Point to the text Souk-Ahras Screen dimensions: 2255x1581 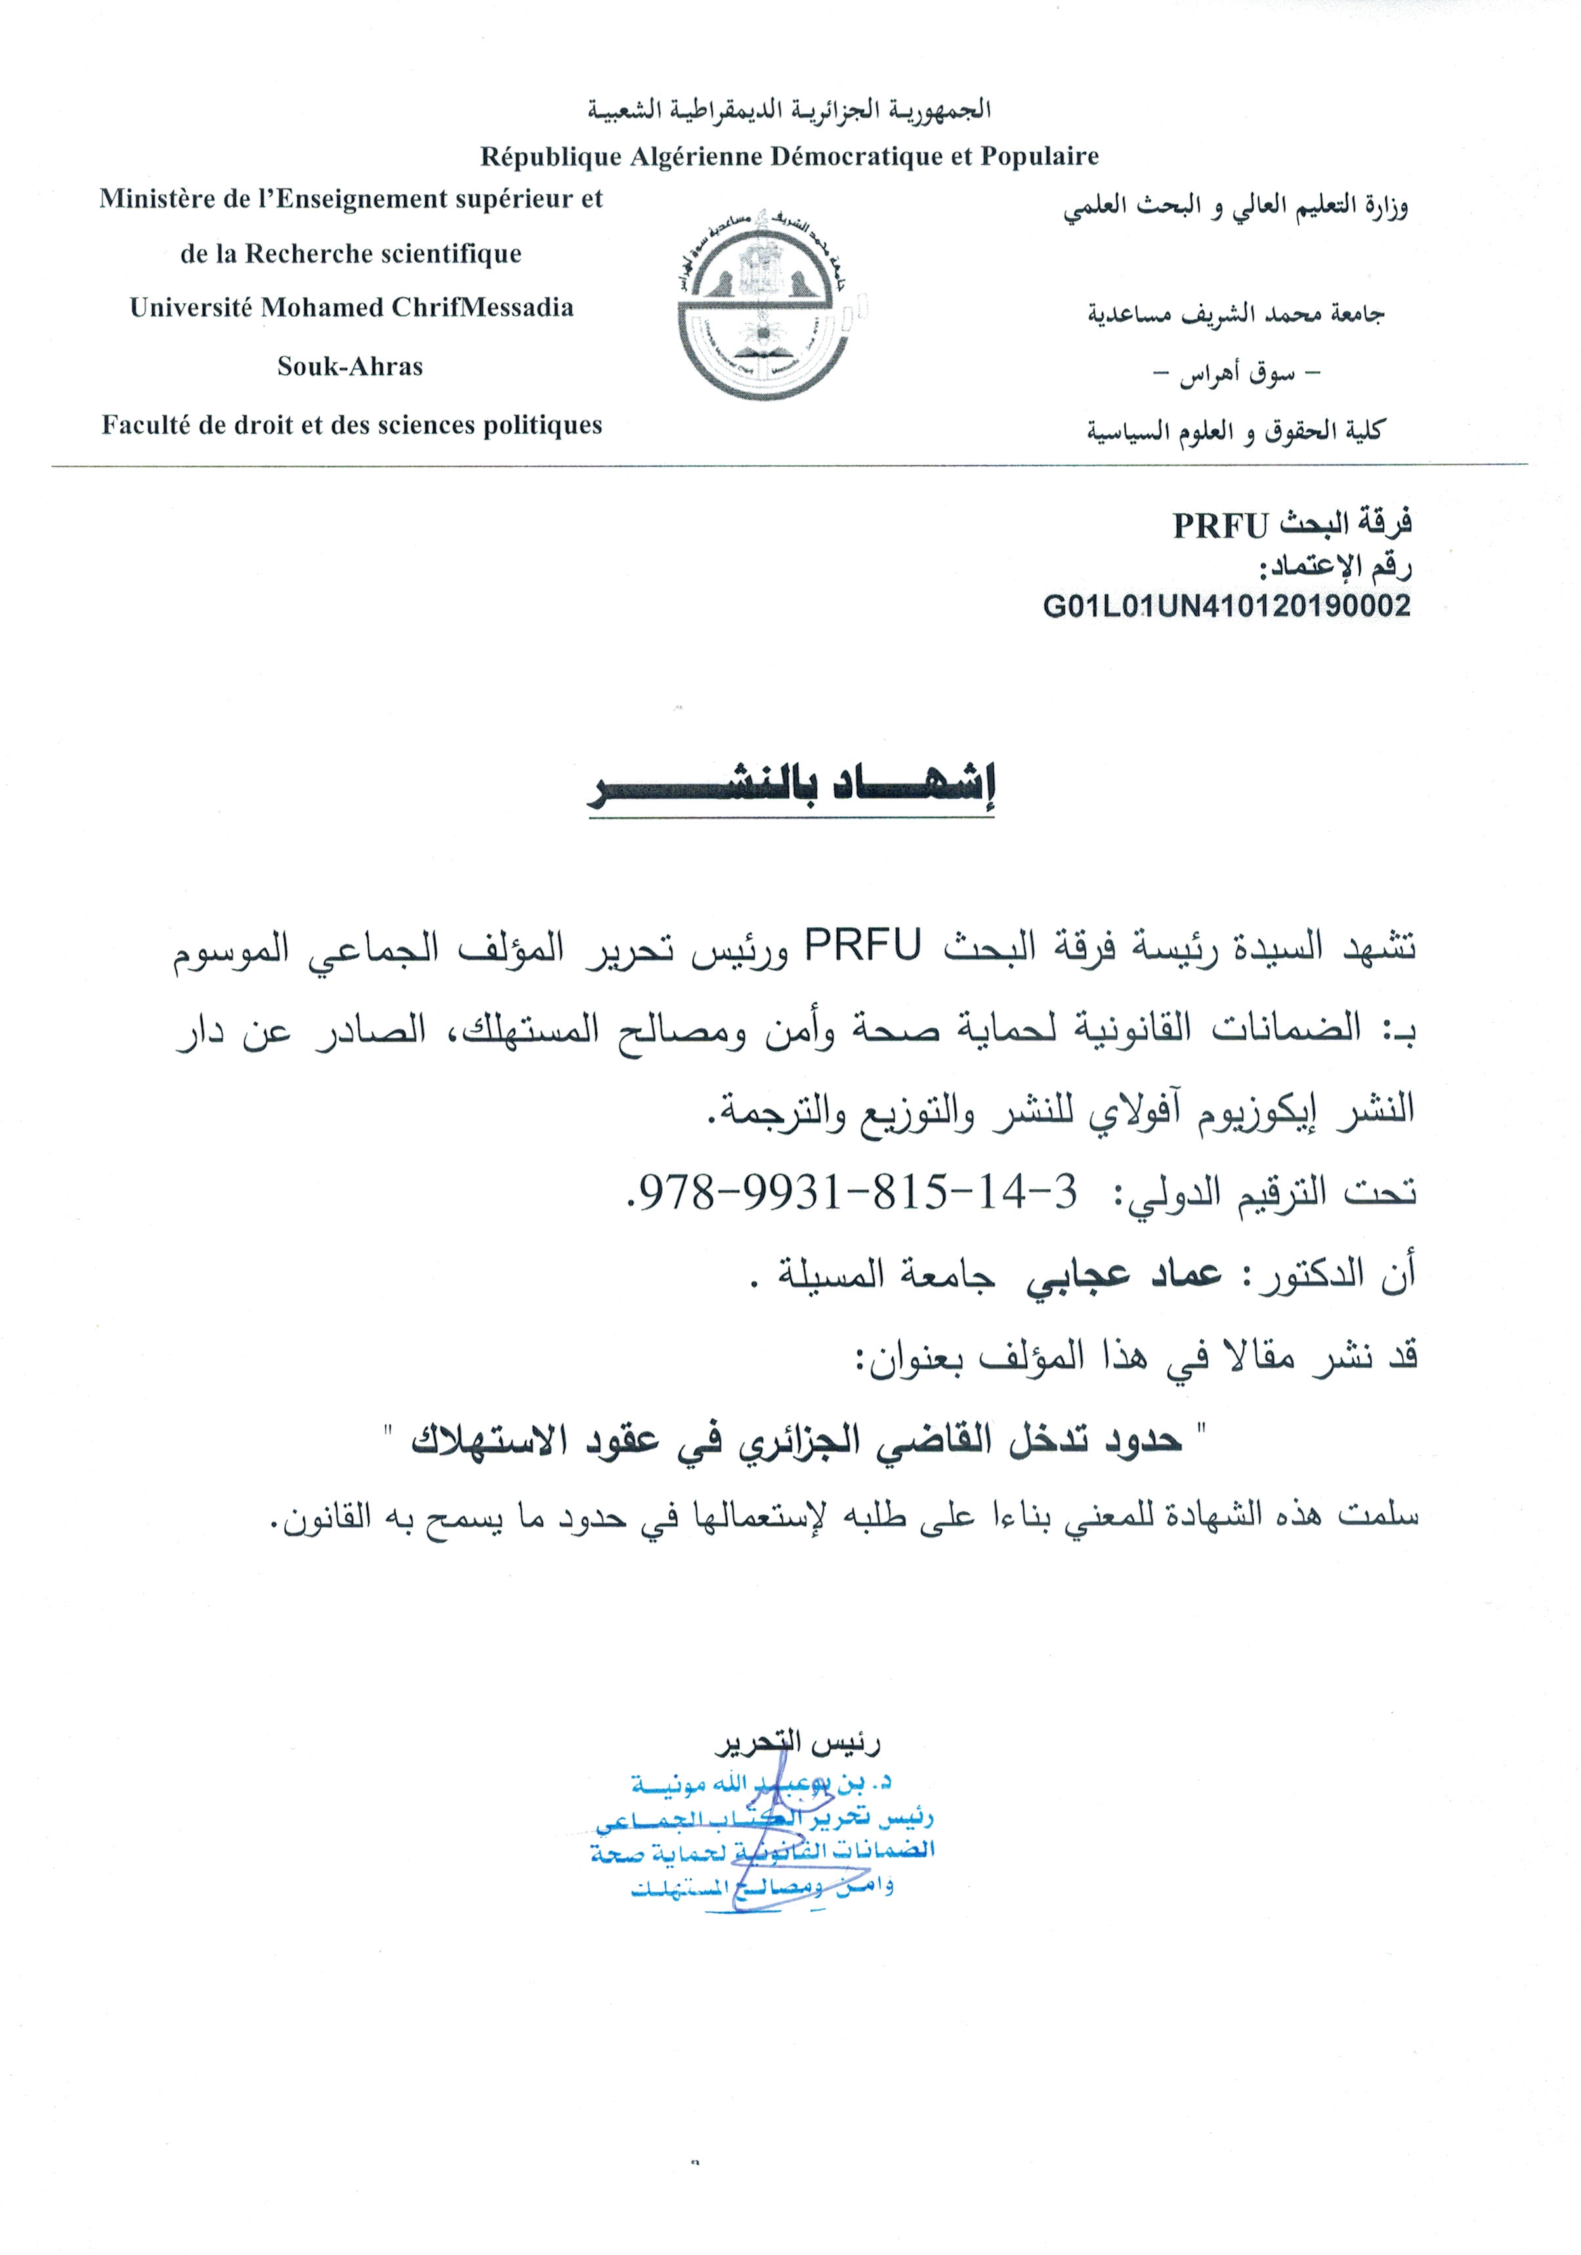click(350, 366)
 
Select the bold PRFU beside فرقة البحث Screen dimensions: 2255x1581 click(1221, 526)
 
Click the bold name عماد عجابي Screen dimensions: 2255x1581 click(1124, 1274)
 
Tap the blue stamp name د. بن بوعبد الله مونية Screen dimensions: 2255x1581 click(761, 1782)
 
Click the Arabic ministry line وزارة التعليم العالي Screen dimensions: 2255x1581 click(1234, 208)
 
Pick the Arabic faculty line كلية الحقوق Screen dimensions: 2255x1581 click(1234, 431)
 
